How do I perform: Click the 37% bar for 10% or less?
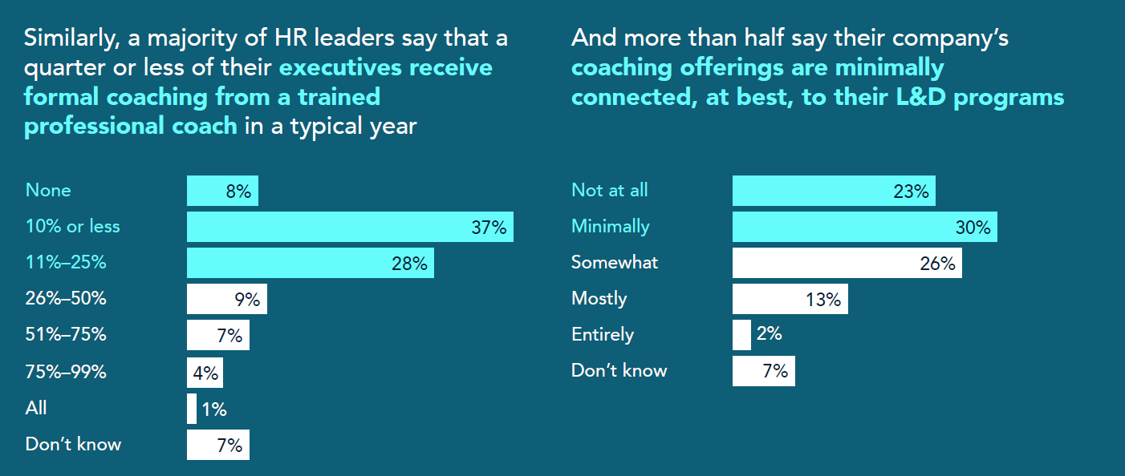coord(350,227)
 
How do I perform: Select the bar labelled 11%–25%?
coord(310,263)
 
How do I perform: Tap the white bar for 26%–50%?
coord(226,299)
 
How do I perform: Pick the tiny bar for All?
coord(191,409)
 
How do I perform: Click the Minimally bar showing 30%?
coord(864,227)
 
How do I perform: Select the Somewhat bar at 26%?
coord(847,263)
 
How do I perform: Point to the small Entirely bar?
coord(741,335)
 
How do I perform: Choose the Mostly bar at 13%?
coord(790,299)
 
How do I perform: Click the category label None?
coord(48,191)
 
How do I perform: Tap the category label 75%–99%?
coord(66,372)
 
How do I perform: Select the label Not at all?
coord(609,191)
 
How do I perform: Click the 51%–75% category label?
coord(66,335)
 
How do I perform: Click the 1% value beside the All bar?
coord(213,409)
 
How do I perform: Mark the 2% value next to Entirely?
coord(769,333)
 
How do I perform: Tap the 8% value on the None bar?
coord(238,192)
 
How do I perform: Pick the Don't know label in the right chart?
coord(619,371)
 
